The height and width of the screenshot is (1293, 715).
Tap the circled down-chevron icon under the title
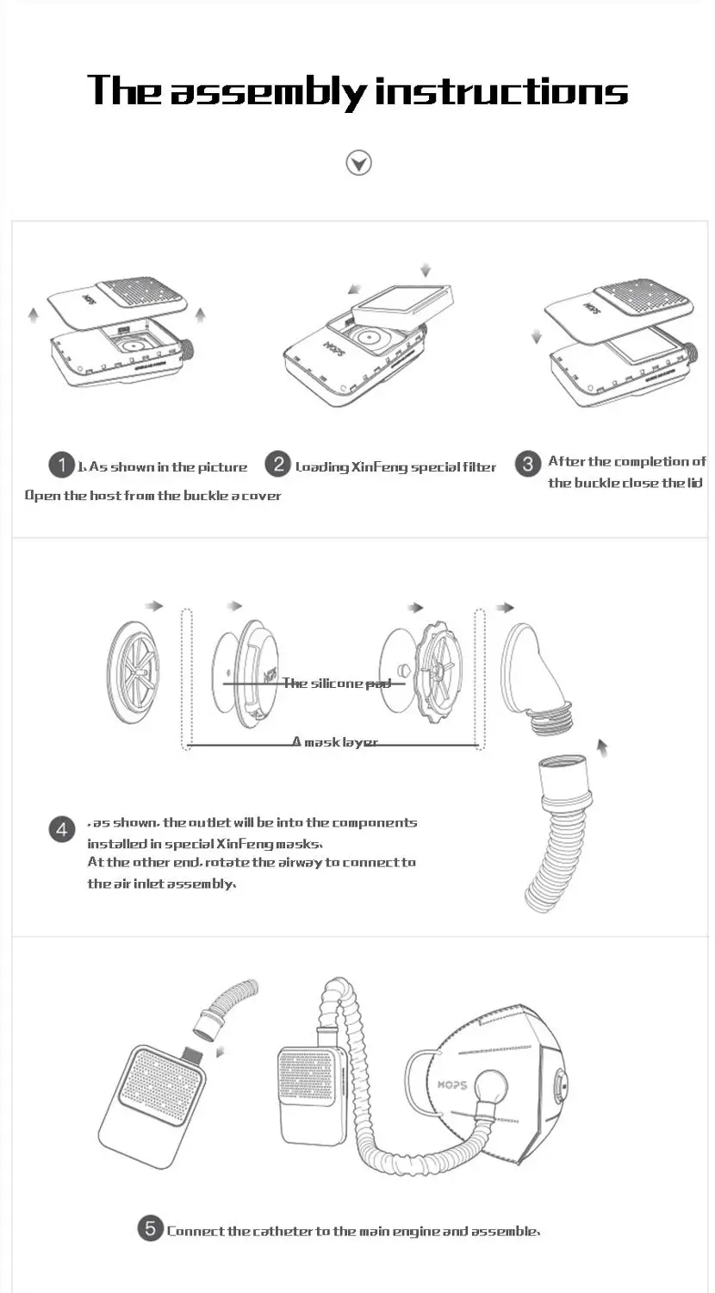[358, 162]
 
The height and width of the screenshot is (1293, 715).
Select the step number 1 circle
[61, 465]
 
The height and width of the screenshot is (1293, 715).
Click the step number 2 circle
[277, 465]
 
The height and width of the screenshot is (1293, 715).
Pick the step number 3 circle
[528, 464]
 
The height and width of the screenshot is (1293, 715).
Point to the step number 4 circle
[61, 829]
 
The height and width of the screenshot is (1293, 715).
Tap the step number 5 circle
[150, 1228]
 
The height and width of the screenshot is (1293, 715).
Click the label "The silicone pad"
[336, 684]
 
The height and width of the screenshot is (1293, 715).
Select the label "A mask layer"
[334, 741]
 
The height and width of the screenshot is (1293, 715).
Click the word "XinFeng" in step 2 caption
[379, 467]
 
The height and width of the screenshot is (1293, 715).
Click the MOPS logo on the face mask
[451, 1084]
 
